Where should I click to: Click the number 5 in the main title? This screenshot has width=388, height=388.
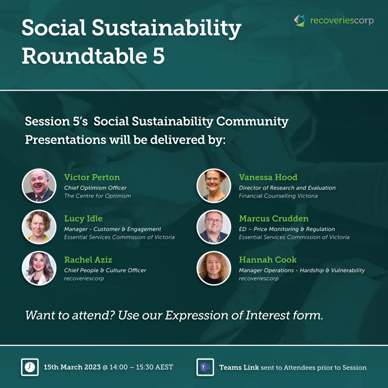click(x=156, y=56)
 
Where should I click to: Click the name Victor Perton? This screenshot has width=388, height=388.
click(x=92, y=177)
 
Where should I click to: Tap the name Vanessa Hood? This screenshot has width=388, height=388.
click(x=268, y=177)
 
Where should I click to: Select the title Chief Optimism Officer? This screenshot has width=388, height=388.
click(x=95, y=188)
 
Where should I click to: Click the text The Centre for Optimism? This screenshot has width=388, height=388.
click(x=97, y=196)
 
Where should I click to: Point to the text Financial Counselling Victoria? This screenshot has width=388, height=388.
click(x=278, y=196)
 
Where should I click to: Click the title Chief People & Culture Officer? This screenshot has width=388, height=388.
click(x=105, y=270)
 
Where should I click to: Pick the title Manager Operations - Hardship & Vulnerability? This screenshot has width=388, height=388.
click(x=302, y=270)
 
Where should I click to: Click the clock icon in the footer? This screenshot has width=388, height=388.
click(x=30, y=367)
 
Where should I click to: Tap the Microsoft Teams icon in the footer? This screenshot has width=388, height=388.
click(x=205, y=367)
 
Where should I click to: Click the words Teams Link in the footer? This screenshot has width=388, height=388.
click(x=239, y=367)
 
